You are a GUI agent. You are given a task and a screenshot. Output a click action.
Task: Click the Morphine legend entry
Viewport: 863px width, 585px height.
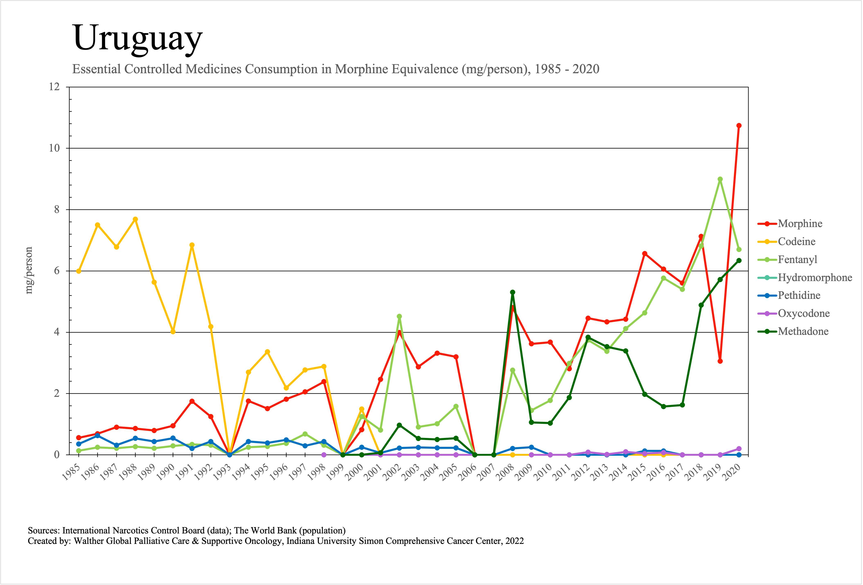800,224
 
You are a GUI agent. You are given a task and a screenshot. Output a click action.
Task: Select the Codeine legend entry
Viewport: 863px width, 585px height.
797,242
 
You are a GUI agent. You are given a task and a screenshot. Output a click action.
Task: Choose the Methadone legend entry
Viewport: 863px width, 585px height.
803,331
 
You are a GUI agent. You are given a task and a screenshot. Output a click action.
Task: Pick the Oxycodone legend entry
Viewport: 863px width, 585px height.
804,314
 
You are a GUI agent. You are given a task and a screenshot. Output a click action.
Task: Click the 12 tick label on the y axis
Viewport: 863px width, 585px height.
54,87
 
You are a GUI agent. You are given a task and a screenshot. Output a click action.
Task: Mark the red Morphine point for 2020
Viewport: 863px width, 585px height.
739,126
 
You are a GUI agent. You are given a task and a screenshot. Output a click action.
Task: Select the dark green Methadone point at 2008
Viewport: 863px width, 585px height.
512,292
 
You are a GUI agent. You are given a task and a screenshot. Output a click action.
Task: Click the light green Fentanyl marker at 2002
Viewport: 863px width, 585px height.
399,316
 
